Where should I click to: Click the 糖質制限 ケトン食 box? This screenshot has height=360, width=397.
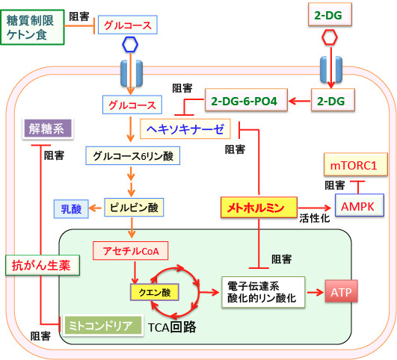coord(32,28)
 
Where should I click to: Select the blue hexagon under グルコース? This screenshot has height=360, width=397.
coord(130,45)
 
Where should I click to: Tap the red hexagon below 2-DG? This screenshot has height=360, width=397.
coord(330,37)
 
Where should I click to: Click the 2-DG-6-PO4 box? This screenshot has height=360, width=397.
coord(246,100)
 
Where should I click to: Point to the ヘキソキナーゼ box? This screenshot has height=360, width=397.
coord(185,128)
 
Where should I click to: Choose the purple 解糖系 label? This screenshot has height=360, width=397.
coord(48,128)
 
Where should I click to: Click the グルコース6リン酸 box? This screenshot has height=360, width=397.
coord(133,155)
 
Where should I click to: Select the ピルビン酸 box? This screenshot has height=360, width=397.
coord(134,208)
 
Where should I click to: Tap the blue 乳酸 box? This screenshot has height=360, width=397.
coord(71,209)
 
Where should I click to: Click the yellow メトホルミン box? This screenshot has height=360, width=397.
coord(259,208)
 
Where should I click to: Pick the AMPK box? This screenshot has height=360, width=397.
coord(360,205)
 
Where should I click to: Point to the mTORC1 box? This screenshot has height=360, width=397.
coord(356,164)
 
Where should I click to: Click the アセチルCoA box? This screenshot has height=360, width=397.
coord(131,251)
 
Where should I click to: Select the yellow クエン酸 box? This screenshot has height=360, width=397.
coord(155,292)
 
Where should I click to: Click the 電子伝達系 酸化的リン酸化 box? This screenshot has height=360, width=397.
coord(263,292)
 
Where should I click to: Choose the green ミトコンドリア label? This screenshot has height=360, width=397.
coord(102,326)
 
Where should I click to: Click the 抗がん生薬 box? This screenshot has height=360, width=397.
coord(43,265)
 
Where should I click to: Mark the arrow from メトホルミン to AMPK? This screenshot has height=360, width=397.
coord(315,208)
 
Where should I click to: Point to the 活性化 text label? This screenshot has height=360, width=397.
coord(315,218)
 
